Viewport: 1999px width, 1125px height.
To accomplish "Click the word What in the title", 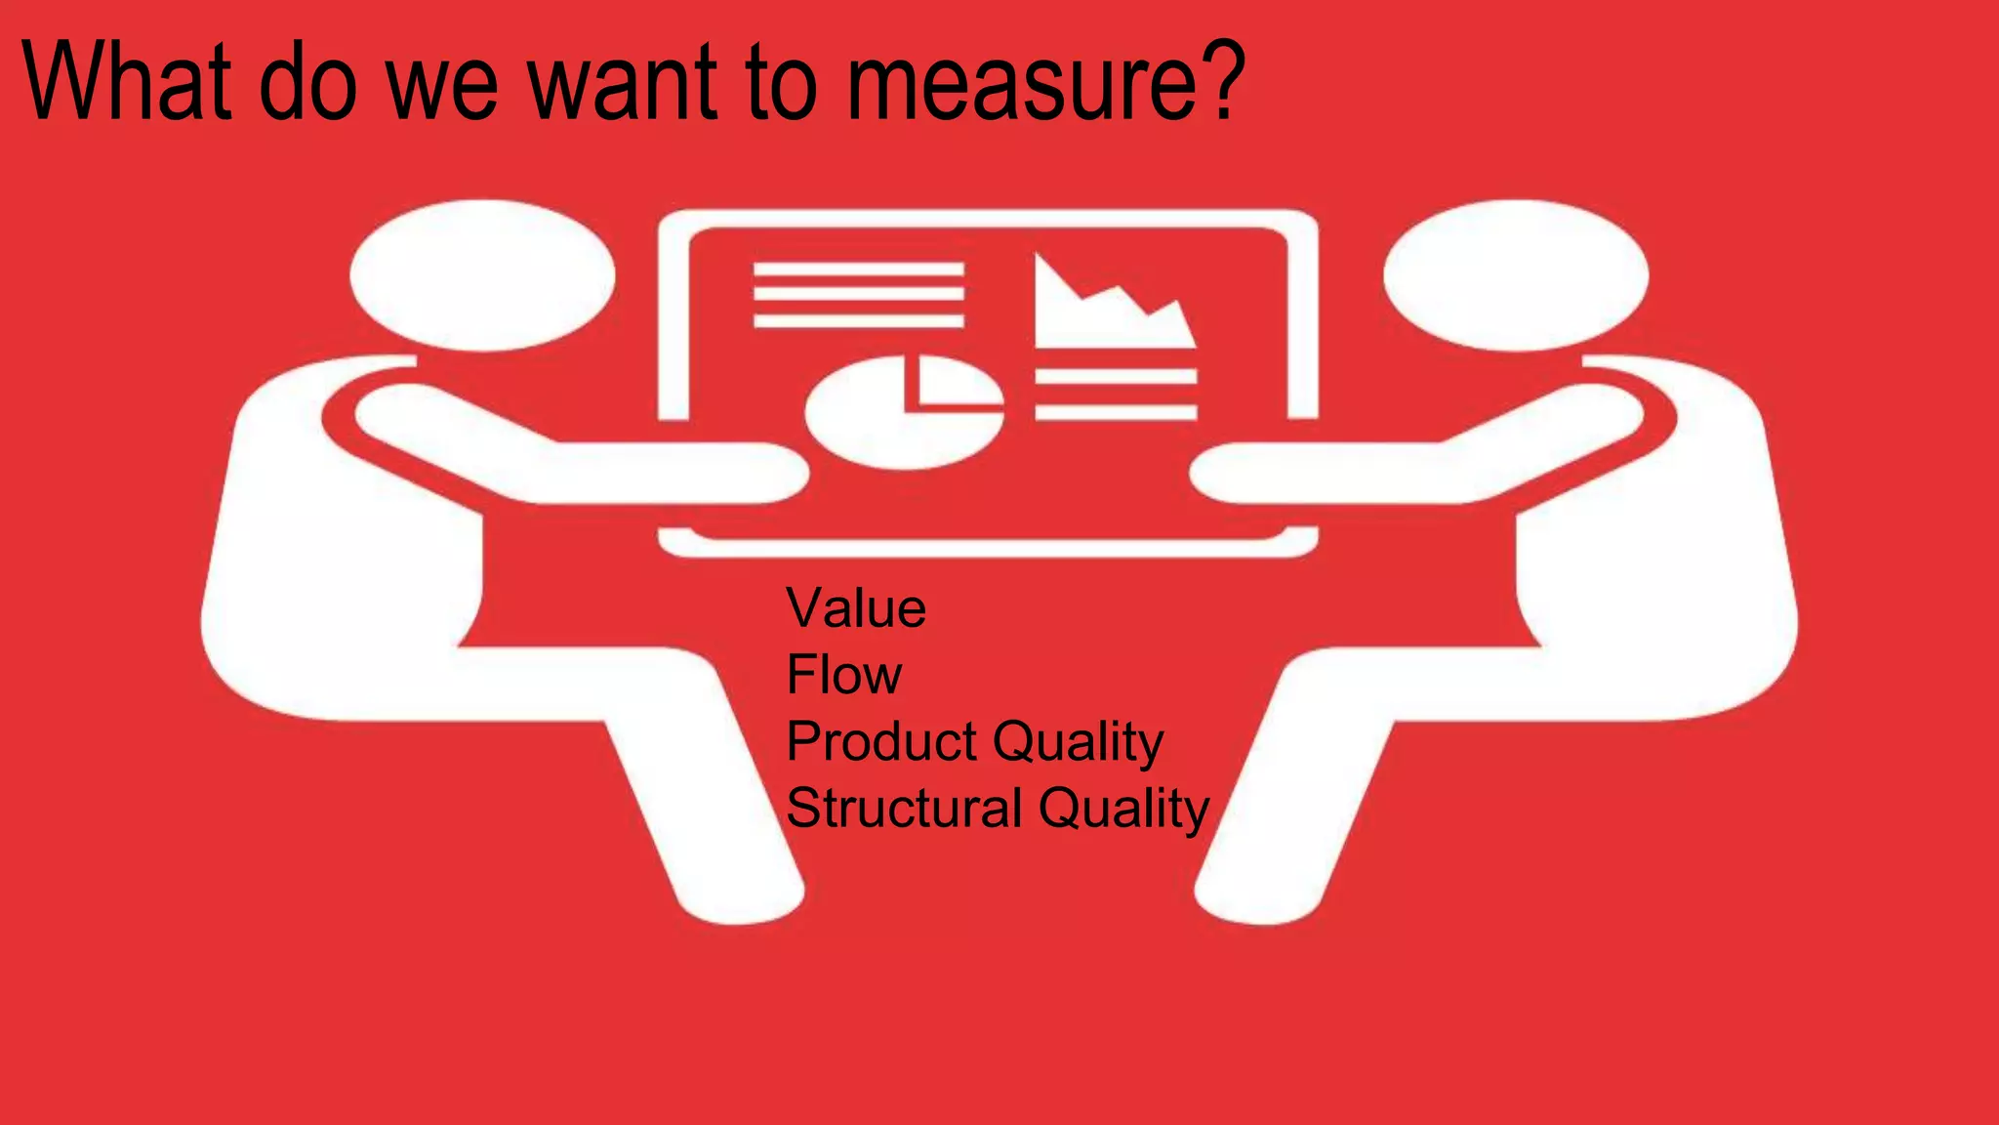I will coord(127,82).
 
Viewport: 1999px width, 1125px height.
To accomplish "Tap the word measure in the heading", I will coord(1025,88).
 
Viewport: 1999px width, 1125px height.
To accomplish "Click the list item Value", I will coord(856,608).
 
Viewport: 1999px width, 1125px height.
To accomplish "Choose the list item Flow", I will coord(843,675).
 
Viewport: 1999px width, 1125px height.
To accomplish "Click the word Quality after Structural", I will coord(1123,810).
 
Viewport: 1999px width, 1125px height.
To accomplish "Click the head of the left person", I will coord(482,275).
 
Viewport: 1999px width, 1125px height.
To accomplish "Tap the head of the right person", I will coord(1515,275).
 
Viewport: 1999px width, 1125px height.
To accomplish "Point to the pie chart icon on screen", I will coord(904,412).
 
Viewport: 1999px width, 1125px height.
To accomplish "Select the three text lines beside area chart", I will coord(858,294).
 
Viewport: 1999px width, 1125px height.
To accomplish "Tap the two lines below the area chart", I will coord(1116,395).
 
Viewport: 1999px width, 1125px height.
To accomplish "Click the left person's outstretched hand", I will coord(761,474).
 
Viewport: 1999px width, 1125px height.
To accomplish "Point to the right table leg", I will coord(1279,830).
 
